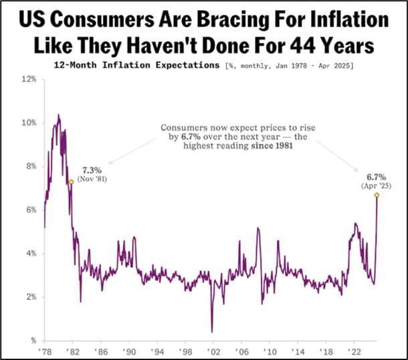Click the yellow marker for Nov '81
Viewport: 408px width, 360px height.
pos(71,182)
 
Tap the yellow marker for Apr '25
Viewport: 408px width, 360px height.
pos(377,195)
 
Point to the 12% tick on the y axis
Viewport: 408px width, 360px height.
pos(28,79)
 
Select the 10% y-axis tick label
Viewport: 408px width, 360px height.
pos(28,122)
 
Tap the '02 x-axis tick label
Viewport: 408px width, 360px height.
pos(211,351)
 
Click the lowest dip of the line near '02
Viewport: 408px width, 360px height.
pos(211,331)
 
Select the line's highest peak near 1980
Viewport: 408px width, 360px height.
pos(58,115)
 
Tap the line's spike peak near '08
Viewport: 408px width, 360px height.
pos(258,229)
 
